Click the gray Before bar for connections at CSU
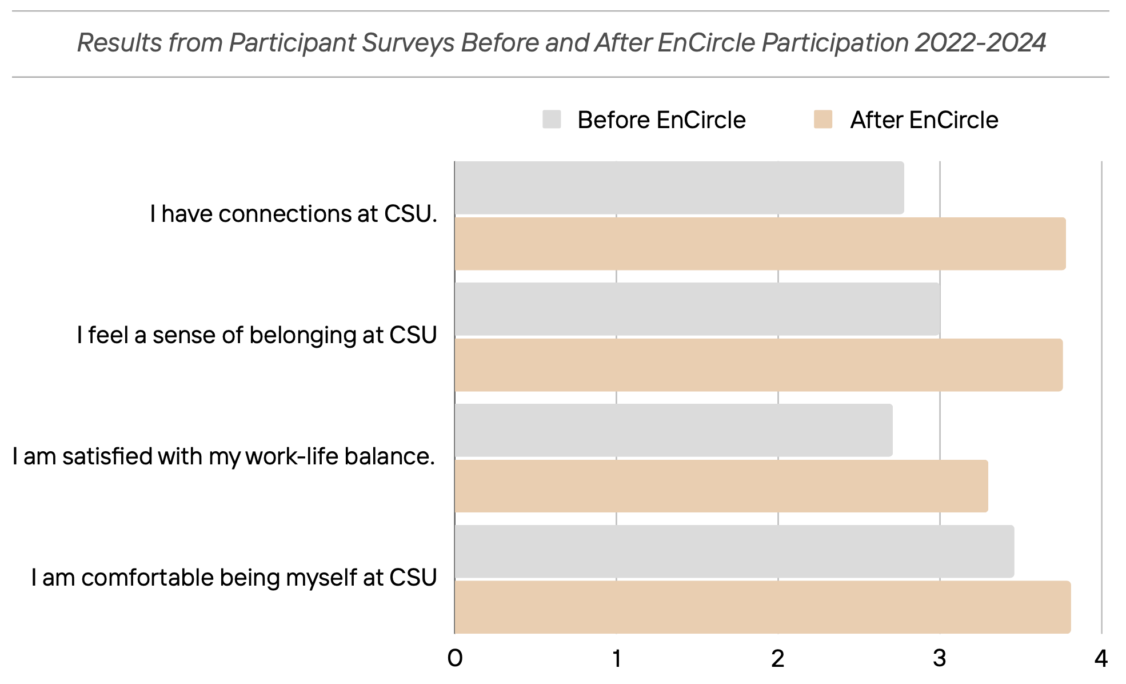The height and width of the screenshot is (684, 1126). (679, 188)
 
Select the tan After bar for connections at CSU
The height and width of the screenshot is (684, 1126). (760, 244)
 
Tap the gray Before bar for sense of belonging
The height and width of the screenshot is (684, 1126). (697, 309)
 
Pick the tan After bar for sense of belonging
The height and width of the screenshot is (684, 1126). (758, 365)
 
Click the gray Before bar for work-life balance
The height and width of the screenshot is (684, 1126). (673, 430)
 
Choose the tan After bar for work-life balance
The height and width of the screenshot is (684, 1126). (721, 486)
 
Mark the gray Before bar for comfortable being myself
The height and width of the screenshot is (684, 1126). (734, 551)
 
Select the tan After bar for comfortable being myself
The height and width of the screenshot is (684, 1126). (762, 607)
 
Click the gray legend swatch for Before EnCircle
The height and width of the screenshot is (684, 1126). (552, 120)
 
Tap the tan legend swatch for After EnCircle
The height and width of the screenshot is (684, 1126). (823, 120)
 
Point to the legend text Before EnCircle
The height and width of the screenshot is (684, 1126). (661, 120)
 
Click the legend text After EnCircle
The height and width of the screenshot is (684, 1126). (924, 120)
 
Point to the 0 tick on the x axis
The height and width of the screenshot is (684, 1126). (455, 659)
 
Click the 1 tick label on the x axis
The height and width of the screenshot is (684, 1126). (617, 659)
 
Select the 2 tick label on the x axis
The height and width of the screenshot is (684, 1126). (778, 659)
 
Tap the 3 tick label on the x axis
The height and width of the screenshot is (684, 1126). (940, 659)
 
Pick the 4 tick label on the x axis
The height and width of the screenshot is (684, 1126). (1101, 659)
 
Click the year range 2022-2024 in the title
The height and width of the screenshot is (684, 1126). (980, 43)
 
